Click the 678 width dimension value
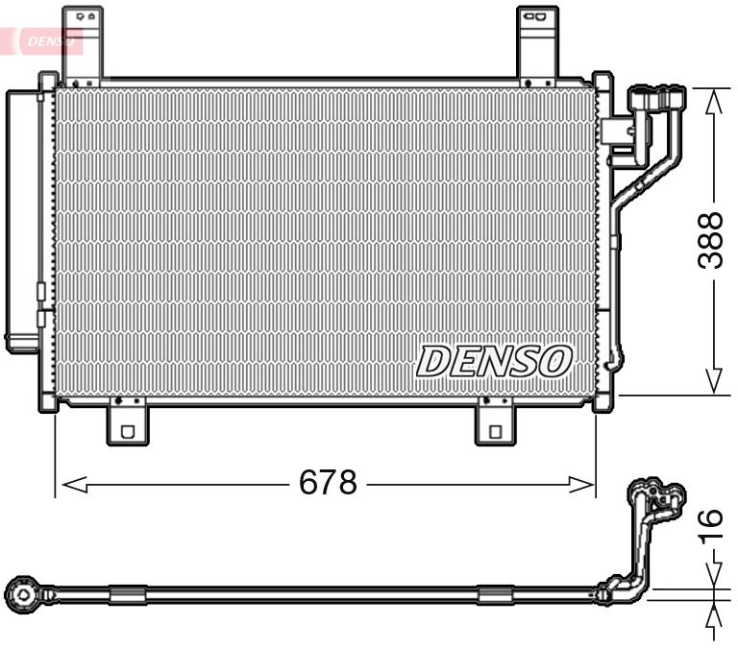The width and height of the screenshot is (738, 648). point(328,483)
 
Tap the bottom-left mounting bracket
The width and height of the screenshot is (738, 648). point(127,423)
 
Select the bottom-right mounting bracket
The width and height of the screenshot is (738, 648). point(496,423)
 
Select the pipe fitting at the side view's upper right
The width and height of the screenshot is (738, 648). point(659,498)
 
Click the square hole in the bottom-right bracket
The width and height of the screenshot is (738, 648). point(495,432)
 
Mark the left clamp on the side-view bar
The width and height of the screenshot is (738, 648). point(127,595)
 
